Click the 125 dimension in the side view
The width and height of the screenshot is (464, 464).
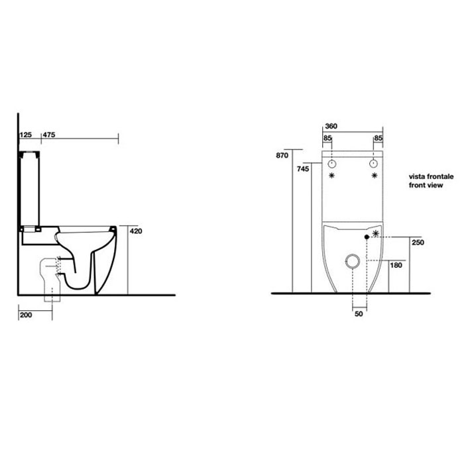26,135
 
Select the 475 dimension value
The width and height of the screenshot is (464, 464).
48,135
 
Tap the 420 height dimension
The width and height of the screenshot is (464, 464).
137,231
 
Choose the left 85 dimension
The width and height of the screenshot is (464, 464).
327,138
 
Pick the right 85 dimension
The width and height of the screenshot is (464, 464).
378,138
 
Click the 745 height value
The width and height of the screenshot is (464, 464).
303,169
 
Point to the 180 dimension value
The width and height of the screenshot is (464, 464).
396,266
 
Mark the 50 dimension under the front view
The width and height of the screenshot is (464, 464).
359,314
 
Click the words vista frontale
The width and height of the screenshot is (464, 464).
431,178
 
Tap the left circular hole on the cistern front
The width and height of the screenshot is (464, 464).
332,162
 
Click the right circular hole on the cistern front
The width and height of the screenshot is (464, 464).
375,162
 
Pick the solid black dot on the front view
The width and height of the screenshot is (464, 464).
367,237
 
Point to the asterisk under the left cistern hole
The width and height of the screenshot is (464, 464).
332,175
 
